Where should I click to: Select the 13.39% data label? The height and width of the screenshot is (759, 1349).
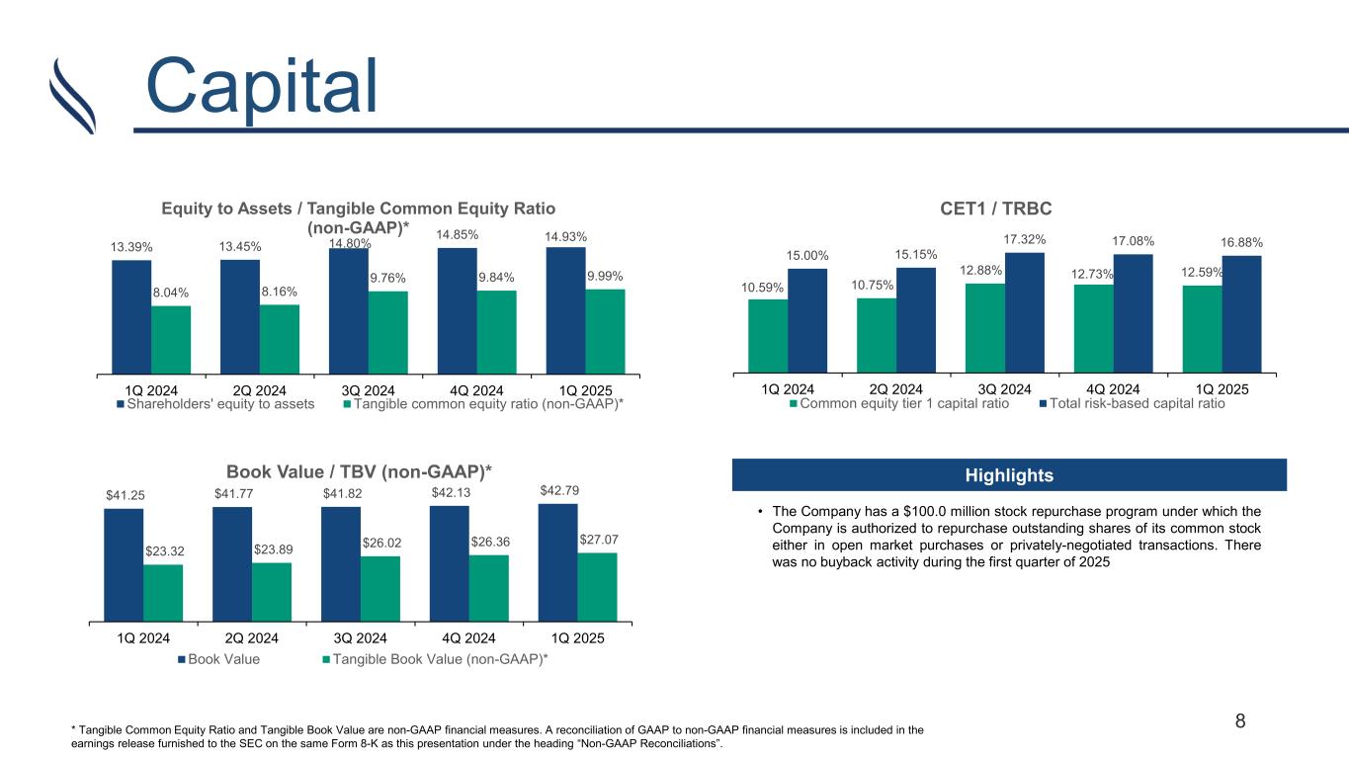130,246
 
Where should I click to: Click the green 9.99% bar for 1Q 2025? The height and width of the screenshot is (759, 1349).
605,331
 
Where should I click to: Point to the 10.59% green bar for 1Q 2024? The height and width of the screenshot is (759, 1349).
768,336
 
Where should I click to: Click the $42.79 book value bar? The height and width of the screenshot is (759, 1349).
557,562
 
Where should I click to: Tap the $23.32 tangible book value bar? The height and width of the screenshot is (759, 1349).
163,592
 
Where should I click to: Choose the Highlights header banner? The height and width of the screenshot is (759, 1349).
1009,475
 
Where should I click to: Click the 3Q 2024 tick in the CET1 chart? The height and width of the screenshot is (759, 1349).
1004,388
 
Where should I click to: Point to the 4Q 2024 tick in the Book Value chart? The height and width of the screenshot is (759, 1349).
468,637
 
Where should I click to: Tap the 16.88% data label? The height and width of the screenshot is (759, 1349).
1241,242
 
